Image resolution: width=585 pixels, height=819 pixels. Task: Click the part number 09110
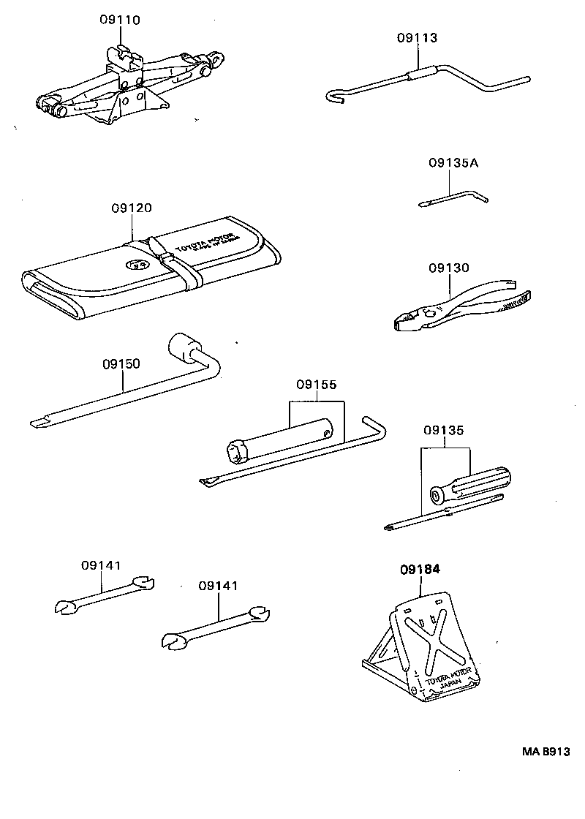(120, 20)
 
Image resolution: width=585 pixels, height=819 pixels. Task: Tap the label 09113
(418, 38)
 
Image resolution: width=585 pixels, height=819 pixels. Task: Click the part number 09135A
(453, 163)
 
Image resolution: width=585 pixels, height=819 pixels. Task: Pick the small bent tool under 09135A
(453, 195)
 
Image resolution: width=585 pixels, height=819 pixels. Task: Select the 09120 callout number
(132, 208)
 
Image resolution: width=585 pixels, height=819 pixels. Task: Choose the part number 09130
(448, 268)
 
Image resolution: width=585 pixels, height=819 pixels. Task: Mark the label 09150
(121, 363)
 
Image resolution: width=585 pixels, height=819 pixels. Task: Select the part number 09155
(317, 383)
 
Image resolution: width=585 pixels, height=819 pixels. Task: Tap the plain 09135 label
(444, 431)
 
